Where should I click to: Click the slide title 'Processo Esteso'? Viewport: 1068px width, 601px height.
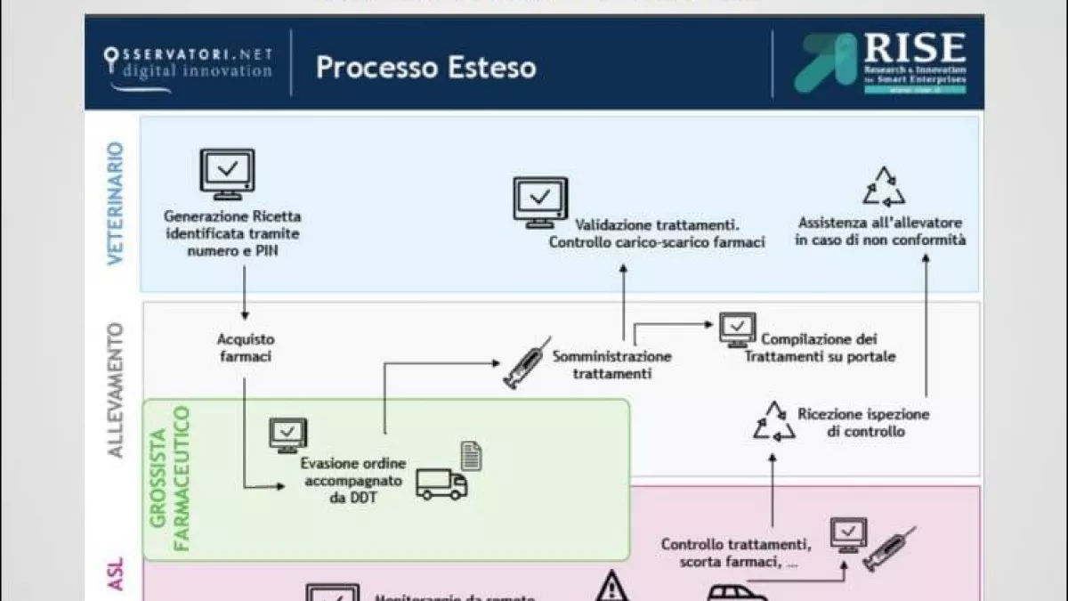425,68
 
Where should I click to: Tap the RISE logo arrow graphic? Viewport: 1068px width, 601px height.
824,62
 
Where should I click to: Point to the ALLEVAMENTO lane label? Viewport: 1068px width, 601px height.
116,390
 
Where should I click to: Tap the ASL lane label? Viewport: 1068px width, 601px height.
116,574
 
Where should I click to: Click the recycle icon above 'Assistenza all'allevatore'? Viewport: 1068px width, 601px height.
883,187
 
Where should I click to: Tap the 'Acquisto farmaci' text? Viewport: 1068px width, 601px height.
246,348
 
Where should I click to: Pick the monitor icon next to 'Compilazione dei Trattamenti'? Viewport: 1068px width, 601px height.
738,330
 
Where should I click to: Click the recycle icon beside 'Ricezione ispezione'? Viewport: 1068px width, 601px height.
774,420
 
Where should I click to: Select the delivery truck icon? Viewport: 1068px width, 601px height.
441,483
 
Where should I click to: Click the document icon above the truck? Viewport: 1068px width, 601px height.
472,455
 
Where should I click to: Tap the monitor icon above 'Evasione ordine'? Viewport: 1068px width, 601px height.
287,435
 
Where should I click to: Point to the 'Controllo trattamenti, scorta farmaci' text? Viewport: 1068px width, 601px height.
735,553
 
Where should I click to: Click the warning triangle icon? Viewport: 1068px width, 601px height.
611,586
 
